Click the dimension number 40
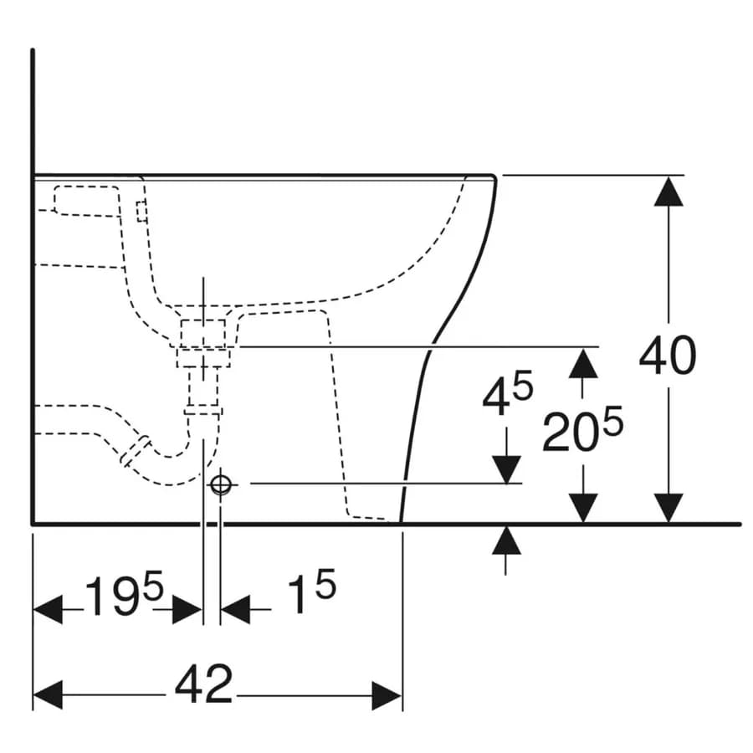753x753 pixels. point(668,356)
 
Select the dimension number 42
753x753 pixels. point(203,684)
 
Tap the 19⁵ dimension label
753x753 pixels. point(125,593)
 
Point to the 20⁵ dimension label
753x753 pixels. point(582,429)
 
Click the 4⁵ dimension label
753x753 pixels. point(508,394)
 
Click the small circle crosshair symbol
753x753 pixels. point(220,485)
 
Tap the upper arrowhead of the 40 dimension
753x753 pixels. point(668,191)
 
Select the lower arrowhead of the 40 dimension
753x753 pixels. point(668,508)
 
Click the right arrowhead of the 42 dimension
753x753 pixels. point(387,695)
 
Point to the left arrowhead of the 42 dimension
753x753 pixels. point(48,695)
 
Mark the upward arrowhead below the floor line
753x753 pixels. point(506,540)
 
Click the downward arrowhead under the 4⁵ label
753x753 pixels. point(507,469)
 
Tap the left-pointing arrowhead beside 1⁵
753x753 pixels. point(235,609)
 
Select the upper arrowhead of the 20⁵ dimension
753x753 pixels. point(583,363)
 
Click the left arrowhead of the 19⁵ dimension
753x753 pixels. point(48,609)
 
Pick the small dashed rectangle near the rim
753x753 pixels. point(141,212)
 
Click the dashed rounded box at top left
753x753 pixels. point(87,201)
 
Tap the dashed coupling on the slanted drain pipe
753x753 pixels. point(136,452)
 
